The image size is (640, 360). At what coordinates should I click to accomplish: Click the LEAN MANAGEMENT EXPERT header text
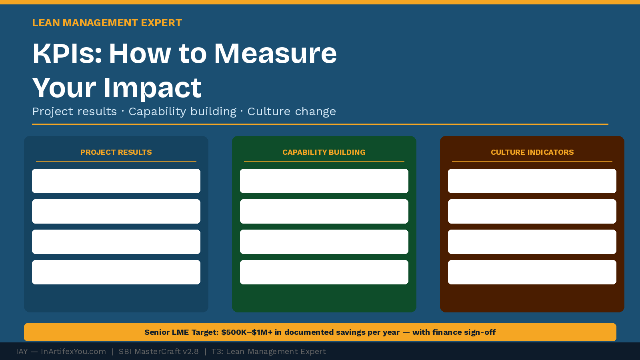[107, 23]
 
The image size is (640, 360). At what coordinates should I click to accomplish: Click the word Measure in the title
[275, 53]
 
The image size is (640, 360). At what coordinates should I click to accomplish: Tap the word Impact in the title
[152, 88]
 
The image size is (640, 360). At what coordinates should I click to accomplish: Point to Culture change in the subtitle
[291, 112]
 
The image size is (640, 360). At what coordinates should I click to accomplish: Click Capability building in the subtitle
[182, 112]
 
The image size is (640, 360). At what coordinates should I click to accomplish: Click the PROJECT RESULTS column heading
[116, 152]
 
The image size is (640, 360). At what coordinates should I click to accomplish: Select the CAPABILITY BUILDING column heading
[324, 152]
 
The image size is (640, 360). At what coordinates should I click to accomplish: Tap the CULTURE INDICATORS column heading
[532, 152]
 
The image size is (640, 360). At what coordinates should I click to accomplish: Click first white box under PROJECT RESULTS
[116, 181]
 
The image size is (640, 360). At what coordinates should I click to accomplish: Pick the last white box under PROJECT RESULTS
[116, 272]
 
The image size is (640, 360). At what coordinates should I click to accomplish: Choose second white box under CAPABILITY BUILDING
[324, 211]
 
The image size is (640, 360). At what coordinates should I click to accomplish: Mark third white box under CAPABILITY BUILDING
[324, 242]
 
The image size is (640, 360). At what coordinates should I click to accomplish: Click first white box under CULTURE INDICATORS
[532, 181]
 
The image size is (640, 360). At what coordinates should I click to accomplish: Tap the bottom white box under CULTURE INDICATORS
[532, 272]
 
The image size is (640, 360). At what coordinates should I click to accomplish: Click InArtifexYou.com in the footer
[73, 352]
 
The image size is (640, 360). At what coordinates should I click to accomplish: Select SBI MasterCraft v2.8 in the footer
[158, 352]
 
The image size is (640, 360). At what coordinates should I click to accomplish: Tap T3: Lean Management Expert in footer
[268, 352]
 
